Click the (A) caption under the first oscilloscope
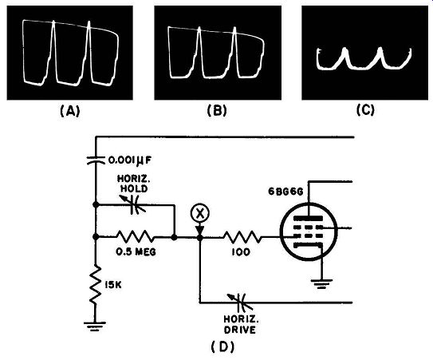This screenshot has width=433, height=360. [x=70, y=112]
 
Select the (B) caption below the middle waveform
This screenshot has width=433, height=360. [x=217, y=111]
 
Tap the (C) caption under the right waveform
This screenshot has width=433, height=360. [x=365, y=110]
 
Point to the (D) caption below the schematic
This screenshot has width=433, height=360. [x=222, y=346]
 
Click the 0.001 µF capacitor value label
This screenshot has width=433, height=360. [x=129, y=160]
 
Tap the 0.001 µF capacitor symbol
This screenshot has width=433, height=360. [x=96, y=160]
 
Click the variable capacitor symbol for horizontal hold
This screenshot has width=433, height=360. [x=133, y=205]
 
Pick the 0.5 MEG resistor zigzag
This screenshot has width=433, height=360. [x=136, y=237]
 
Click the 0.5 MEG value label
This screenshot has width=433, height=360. [x=136, y=251]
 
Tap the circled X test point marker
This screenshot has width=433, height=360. [x=199, y=213]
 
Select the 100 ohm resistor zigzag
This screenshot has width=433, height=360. [x=242, y=237]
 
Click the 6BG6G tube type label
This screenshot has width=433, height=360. [x=285, y=192]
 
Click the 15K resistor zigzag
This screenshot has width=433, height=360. [x=95, y=285]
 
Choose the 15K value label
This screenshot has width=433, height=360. [x=113, y=285]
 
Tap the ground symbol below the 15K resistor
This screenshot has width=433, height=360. [x=95, y=326]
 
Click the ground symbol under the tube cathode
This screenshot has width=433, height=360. [x=321, y=283]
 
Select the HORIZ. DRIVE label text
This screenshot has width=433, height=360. [x=241, y=324]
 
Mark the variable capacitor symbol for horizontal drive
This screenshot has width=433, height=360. [x=240, y=303]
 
